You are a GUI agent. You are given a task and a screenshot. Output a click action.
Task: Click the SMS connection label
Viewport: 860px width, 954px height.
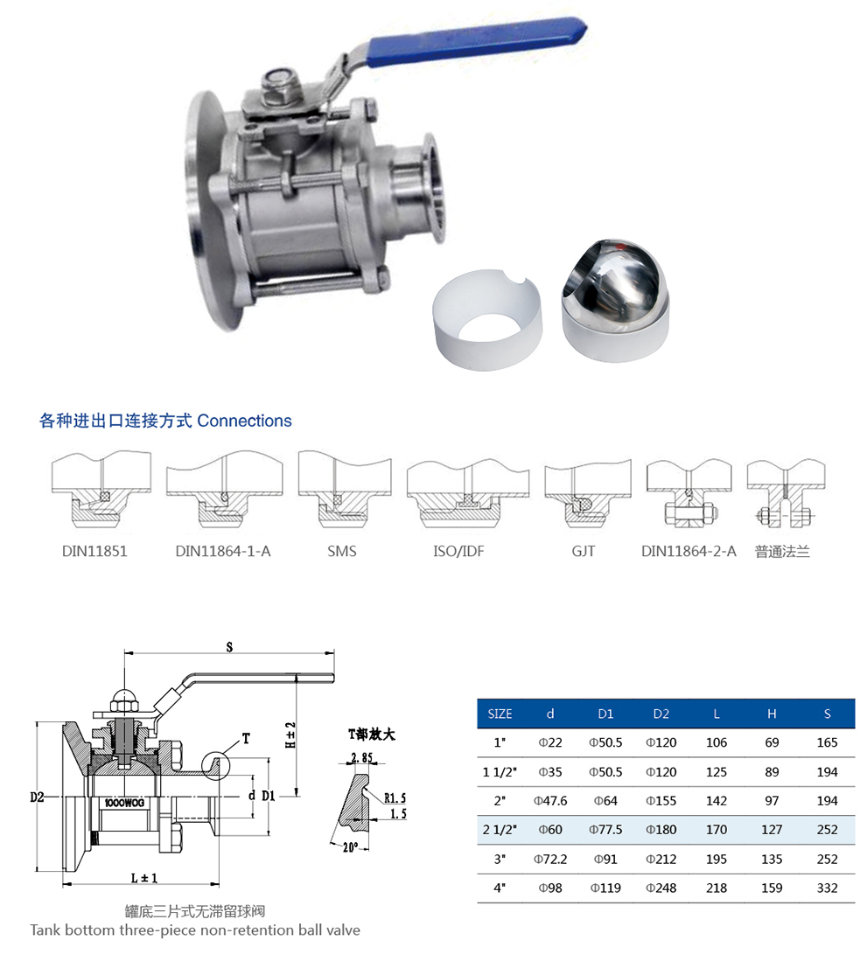(341, 552)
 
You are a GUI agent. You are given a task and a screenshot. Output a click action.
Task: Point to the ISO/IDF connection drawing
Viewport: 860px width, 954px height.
(468, 495)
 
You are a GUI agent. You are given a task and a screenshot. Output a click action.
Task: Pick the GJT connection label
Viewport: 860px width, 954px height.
(584, 552)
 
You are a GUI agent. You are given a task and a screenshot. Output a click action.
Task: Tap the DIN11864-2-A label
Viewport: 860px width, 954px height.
(689, 552)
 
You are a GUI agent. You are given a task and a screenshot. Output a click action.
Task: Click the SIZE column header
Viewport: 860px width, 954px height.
(500, 714)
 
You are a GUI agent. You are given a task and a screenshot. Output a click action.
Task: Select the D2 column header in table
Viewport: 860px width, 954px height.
(661, 714)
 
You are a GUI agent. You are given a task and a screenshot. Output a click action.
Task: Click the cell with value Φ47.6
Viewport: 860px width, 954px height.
(550, 801)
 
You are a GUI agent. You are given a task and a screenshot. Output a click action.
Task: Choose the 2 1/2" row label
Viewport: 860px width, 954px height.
(500, 830)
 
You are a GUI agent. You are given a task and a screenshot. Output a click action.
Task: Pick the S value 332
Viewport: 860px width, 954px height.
(827, 888)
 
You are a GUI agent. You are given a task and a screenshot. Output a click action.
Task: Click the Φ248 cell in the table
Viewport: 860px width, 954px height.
(661, 888)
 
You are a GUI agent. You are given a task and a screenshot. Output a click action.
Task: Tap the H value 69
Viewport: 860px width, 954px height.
(772, 742)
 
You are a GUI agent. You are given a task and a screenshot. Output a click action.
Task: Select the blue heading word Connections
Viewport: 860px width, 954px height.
(244, 421)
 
